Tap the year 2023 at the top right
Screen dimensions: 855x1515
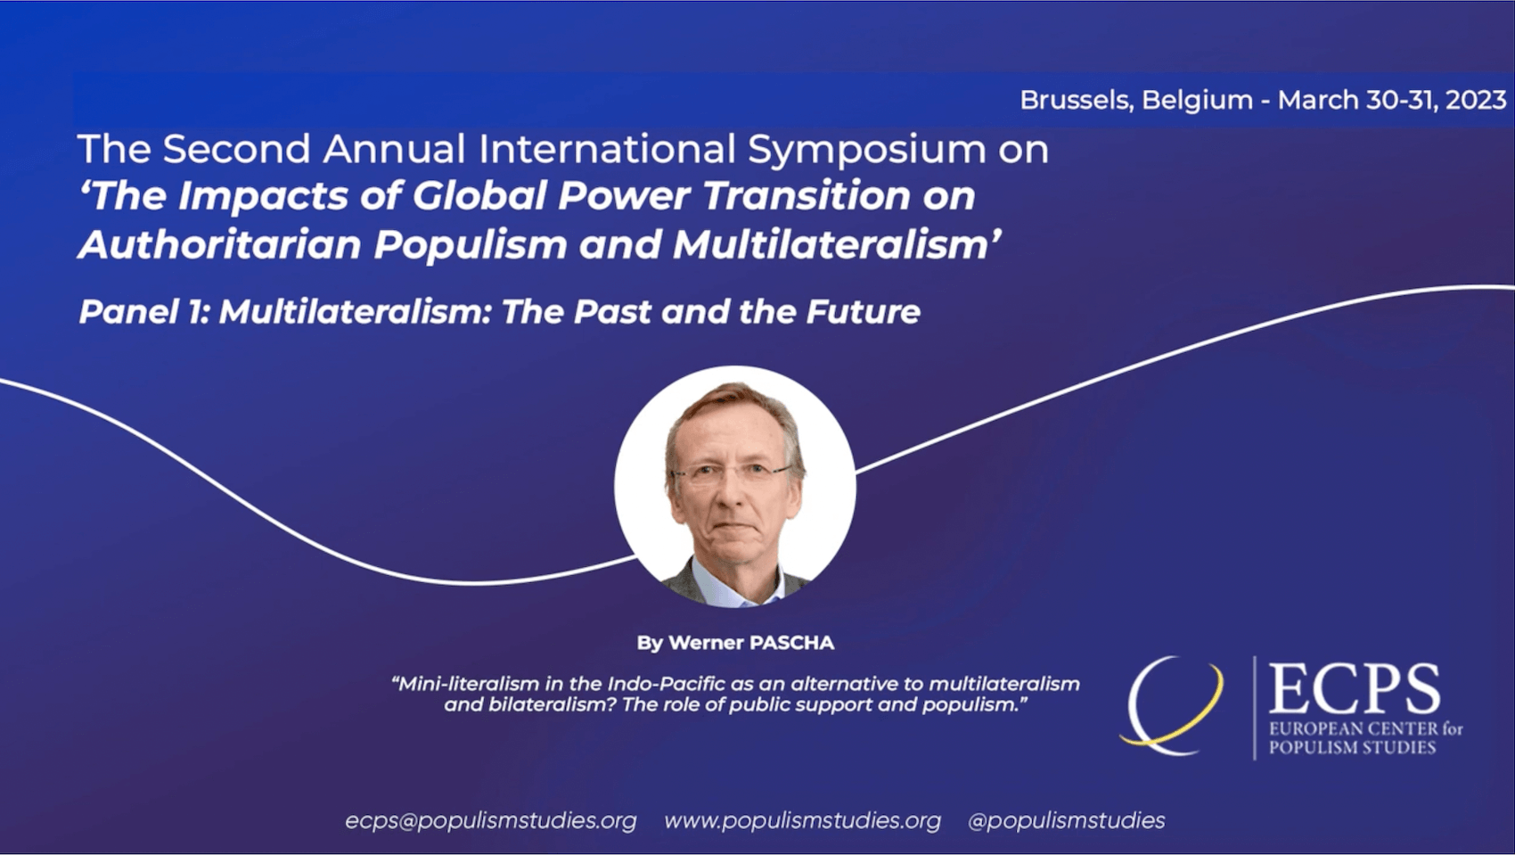pos(1476,100)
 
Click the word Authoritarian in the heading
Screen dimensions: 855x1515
pos(220,244)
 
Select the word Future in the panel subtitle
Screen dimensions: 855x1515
pos(863,312)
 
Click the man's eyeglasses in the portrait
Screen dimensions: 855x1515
pos(730,473)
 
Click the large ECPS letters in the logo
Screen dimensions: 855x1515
pos(1354,688)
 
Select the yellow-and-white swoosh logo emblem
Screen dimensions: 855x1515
pos(1172,706)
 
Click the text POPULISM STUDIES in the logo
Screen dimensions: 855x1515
pos(1352,748)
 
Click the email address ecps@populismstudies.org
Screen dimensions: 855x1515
pos(491,820)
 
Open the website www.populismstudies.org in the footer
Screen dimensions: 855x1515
pos(802,820)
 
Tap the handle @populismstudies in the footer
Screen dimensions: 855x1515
pos(1066,820)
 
